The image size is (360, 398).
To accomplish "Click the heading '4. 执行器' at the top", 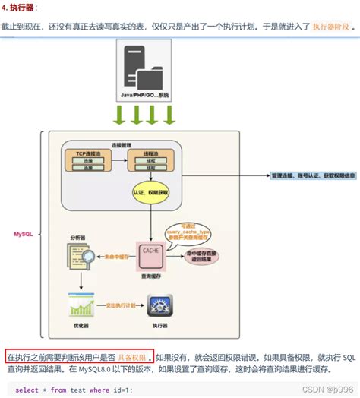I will coord(21,7).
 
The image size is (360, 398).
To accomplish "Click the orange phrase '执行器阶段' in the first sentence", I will coord(332,26).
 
